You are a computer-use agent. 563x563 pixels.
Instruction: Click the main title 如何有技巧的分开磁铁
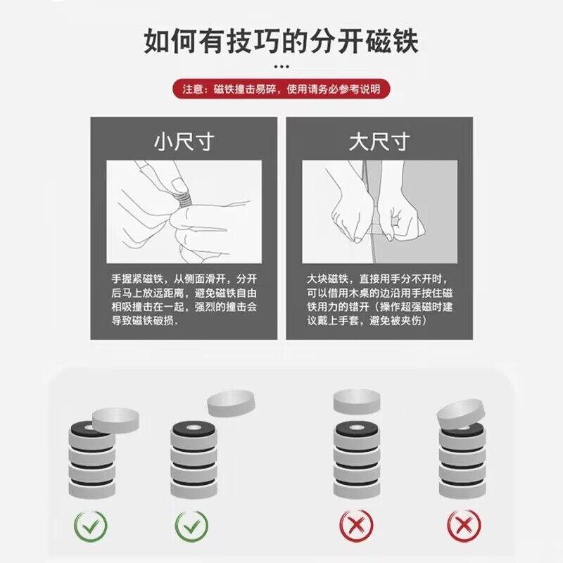281,40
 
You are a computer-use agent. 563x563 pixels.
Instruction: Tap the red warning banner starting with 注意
281,89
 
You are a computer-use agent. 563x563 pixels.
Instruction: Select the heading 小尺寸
184,141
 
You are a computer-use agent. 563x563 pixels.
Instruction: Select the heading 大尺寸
379,141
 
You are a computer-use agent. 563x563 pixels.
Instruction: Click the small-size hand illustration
184,210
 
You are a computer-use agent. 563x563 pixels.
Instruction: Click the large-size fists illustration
379,210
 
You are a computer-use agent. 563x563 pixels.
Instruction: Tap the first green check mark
91,524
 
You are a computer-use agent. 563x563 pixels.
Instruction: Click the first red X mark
355,524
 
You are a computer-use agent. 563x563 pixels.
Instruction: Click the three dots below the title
281,67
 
